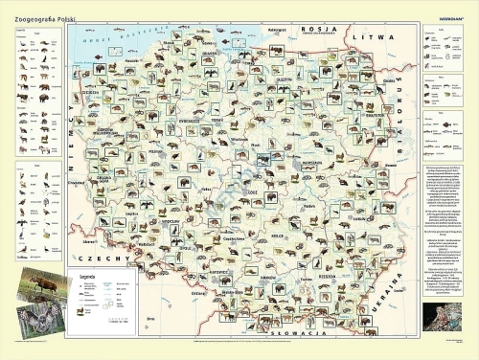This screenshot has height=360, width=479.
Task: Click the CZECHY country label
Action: pos(97,259)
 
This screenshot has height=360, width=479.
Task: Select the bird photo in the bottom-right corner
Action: pos(442,316)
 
